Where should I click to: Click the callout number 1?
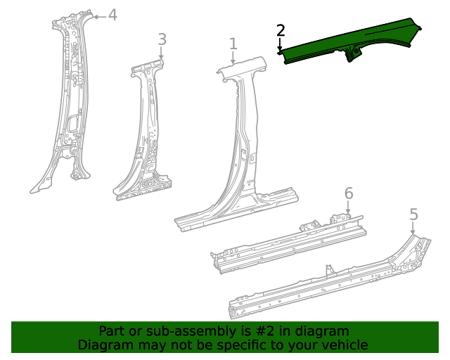pyautogui.click(x=233, y=45)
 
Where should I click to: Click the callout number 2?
pyautogui.click(x=281, y=30)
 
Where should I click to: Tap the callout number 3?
pyautogui.click(x=162, y=39)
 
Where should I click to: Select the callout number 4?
pyautogui.click(x=112, y=15)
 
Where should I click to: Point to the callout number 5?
pyautogui.click(x=413, y=214)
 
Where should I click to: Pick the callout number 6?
pyautogui.click(x=348, y=193)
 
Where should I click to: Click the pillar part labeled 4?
pyautogui.click(x=70, y=98)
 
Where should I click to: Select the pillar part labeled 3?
pyautogui.click(x=144, y=134)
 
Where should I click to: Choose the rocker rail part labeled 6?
pyautogui.click(x=288, y=239)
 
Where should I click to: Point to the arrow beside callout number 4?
pyautogui.click(x=98, y=15)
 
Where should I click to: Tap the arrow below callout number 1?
pyautogui.click(x=233, y=59)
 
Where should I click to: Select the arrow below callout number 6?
pyautogui.click(x=348, y=207)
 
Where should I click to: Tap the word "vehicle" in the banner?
pyautogui.click(x=342, y=345)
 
